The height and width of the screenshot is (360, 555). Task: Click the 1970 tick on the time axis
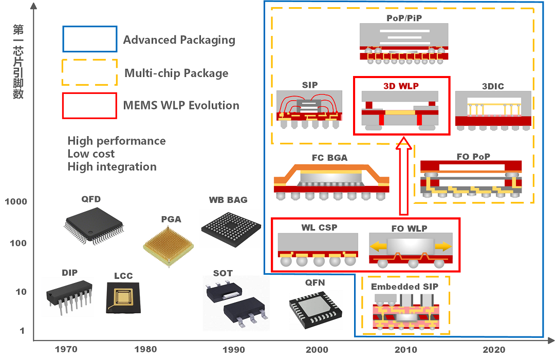(66, 350)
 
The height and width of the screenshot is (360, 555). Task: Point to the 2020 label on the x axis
(494, 350)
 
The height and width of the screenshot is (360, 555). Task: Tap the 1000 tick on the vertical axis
(16, 202)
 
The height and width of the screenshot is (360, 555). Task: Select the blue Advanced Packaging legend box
(90, 39)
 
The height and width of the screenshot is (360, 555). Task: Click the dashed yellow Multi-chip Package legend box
(90, 72)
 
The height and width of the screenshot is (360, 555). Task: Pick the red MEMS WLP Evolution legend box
(90, 105)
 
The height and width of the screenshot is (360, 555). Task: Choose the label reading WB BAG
(228, 200)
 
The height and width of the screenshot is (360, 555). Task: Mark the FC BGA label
(329, 158)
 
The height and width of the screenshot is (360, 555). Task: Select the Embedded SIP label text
(404, 287)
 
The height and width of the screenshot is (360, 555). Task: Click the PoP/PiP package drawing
(404, 44)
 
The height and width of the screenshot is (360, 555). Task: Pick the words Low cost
(91, 154)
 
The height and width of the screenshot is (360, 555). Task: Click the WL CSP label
(319, 228)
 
